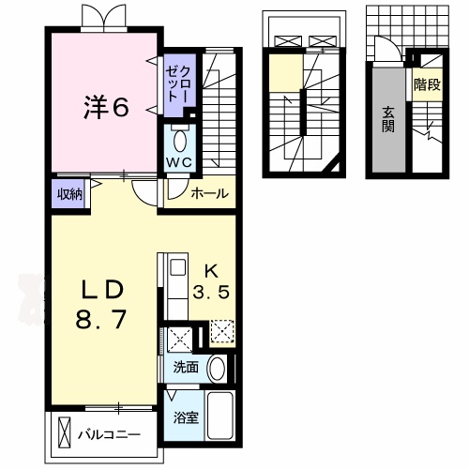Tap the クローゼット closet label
[180, 84]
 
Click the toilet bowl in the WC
[179, 141]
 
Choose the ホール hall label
[208, 193]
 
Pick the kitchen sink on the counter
[177, 272]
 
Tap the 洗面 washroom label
[185, 367]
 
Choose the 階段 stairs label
[427, 84]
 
